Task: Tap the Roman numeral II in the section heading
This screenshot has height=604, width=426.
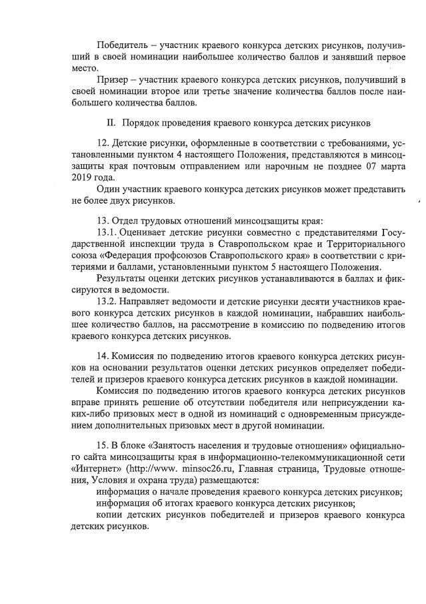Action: (x=111, y=124)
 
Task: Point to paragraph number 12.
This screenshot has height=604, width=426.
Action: (x=103, y=143)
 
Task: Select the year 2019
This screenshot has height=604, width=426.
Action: (x=83, y=178)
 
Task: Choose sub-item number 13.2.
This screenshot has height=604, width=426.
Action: (x=107, y=301)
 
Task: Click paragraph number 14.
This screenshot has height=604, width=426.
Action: (x=103, y=358)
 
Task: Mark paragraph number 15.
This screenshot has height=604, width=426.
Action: (x=103, y=445)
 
